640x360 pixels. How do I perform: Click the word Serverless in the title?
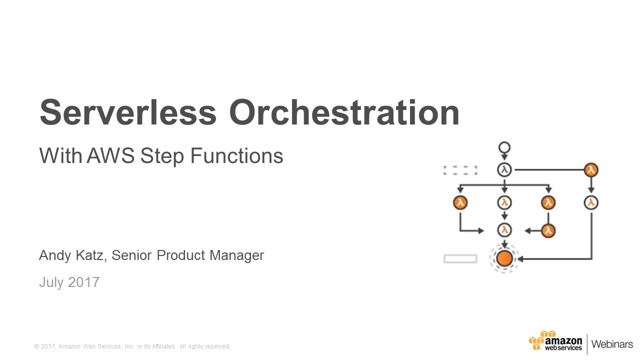(128, 112)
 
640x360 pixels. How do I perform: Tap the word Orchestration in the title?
(344, 112)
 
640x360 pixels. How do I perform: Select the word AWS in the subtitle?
(110, 155)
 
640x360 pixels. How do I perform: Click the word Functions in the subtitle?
(236, 155)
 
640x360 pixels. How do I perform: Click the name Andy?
(55, 255)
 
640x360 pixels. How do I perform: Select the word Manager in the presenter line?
(237, 255)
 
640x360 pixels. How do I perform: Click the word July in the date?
(51, 283)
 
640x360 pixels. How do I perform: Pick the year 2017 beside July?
(84, 282)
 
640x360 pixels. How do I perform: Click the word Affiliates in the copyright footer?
(163, 346)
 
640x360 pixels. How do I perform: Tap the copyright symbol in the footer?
(36, 346)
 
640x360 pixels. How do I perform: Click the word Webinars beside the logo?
(612, 344)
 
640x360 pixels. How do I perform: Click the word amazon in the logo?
(563, 341)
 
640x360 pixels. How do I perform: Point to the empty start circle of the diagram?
(504, 147)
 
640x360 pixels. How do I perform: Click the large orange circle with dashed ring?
(504, 258)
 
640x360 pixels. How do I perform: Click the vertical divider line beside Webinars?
(587, 344)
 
